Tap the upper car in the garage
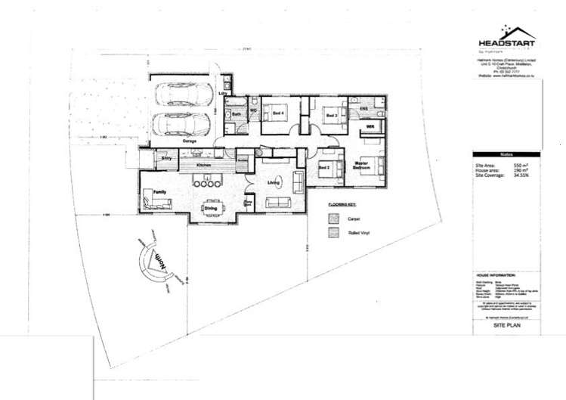[182, 96]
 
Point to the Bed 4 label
[279, 113]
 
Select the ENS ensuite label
[363, 110]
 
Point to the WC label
[253, 113]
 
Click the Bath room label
[237, 114]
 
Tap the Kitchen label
[203, 164]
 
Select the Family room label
[159, 194]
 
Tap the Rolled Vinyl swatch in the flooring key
[332, 234]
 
